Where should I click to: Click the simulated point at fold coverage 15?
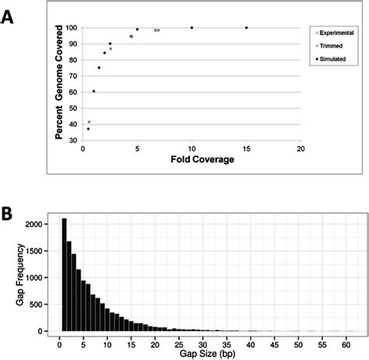[246, 28]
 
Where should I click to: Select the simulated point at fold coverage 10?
[192, 28]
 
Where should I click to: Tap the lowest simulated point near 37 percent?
[88, 129]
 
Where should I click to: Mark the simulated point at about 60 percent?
[93, 91]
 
